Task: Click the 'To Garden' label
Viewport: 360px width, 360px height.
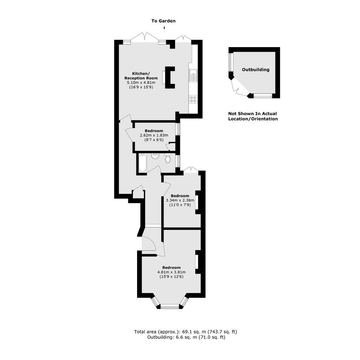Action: coord(164,21)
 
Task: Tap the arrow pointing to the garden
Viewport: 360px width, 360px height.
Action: coord(164,29)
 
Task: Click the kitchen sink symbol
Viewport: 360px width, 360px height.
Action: coord(193,75)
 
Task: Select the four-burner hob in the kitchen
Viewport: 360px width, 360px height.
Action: coord(193,99)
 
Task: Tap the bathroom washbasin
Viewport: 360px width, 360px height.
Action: coord(155,156)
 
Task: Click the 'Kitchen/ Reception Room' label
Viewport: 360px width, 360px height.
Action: coord(141,76)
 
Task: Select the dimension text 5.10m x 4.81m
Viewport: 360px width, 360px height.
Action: coord(141,83)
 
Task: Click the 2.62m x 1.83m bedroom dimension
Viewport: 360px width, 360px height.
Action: coord(154,135)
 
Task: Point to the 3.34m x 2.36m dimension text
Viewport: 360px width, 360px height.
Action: coord(180,200)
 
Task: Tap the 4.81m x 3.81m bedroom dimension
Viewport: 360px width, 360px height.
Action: coord(172,272)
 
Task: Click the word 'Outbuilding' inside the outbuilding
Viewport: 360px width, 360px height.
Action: coord(255,70)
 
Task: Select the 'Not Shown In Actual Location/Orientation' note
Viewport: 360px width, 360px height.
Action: coord(253,116)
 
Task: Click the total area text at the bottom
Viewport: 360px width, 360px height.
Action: coord(185,332)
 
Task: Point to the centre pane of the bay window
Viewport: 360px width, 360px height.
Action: coord(170,306)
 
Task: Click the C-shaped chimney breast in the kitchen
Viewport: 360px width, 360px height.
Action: coord(170,78)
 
